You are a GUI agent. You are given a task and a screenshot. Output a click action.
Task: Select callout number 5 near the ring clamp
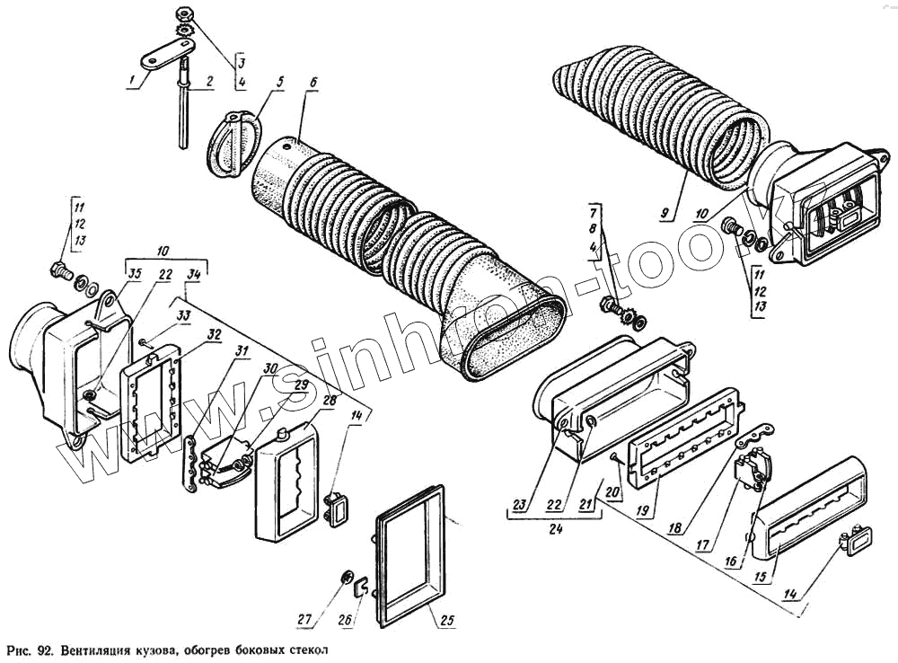pos(279,82)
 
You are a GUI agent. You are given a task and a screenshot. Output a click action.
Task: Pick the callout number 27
pos(305,618)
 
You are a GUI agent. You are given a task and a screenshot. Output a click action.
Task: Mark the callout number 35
pos(135,273)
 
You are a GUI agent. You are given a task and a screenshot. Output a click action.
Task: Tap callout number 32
pos(215,334)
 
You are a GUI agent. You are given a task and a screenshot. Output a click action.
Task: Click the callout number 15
pos(759,578)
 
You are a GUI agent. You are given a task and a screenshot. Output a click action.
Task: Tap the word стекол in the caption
pos(299,650)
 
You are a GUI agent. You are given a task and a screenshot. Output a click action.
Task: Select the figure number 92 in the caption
pos(47,650)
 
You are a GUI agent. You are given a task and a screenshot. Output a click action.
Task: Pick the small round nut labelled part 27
pos(347,576)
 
